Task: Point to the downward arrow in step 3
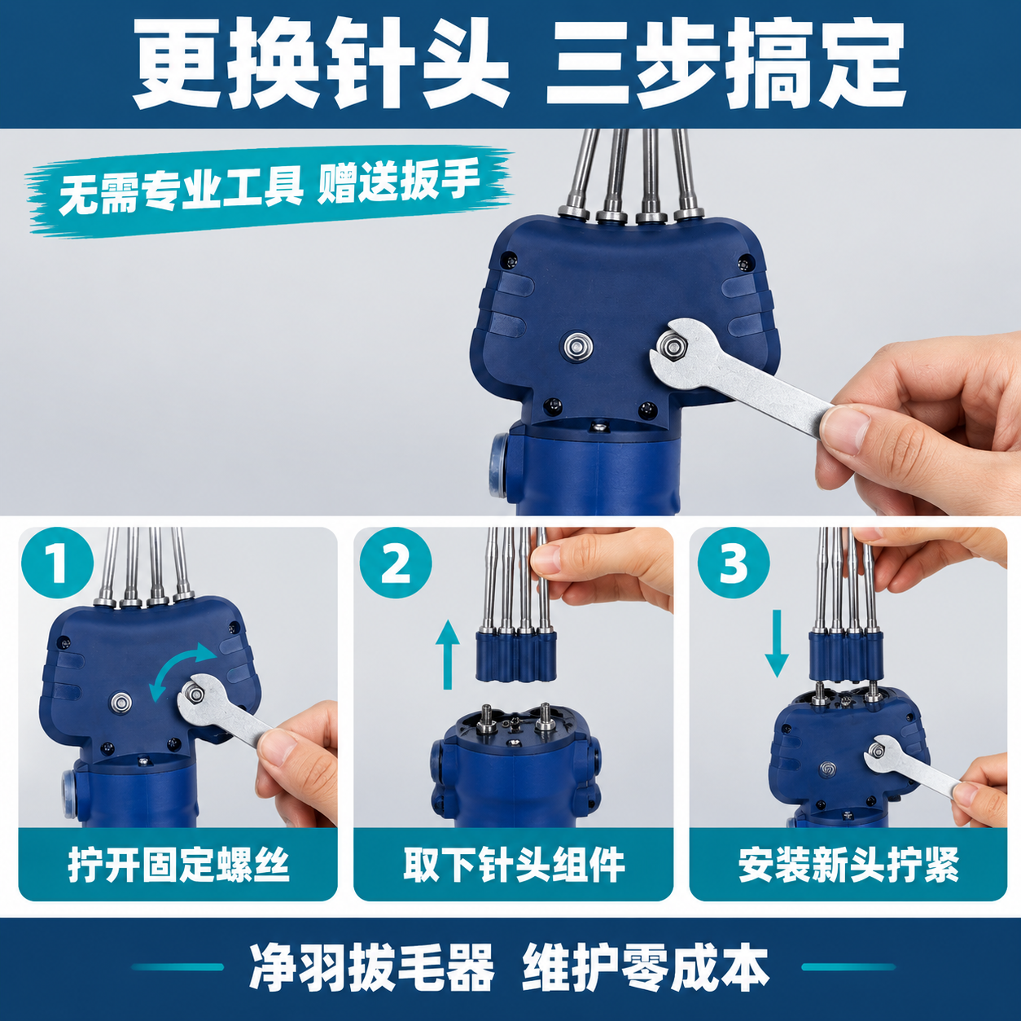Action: click(x=777, y=643)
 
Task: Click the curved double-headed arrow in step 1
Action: click(x=182, y=672)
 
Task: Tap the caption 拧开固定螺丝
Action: click(x=178, y=865)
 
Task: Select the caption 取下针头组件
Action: click(x=514, y=865)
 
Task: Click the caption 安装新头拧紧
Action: click(x=848, y=865)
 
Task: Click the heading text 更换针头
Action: click(x=321, y=64)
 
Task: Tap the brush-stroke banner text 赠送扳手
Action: click(x=398, y=182)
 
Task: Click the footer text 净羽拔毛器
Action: click(x=371, y=967)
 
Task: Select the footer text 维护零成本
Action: click(x=646, y=967)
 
